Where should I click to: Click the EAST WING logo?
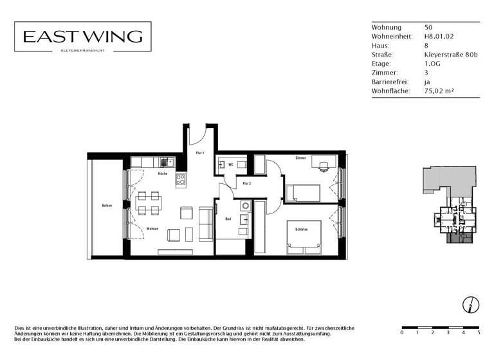coord(83,37)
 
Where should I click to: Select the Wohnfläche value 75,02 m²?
coord(439,92)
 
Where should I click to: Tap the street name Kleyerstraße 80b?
coord(451,55)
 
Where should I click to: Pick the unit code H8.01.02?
coord(439,37)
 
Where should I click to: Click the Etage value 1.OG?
coord(432,64)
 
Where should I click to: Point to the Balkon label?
coord(107,206)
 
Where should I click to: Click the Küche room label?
coord(163,174)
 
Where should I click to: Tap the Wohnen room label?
coord(152,229)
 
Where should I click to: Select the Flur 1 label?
coord(200,153)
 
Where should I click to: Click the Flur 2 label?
coord(246,183)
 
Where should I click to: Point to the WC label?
coord(230,165)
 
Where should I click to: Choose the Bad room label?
coord(228,219)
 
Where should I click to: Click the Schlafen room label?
coord(302,230)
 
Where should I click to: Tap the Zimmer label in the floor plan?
coord(300,157)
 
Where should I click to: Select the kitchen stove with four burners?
coord(181,181)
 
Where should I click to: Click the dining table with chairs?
coord(149,203)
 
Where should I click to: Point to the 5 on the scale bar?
coord(479,333)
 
